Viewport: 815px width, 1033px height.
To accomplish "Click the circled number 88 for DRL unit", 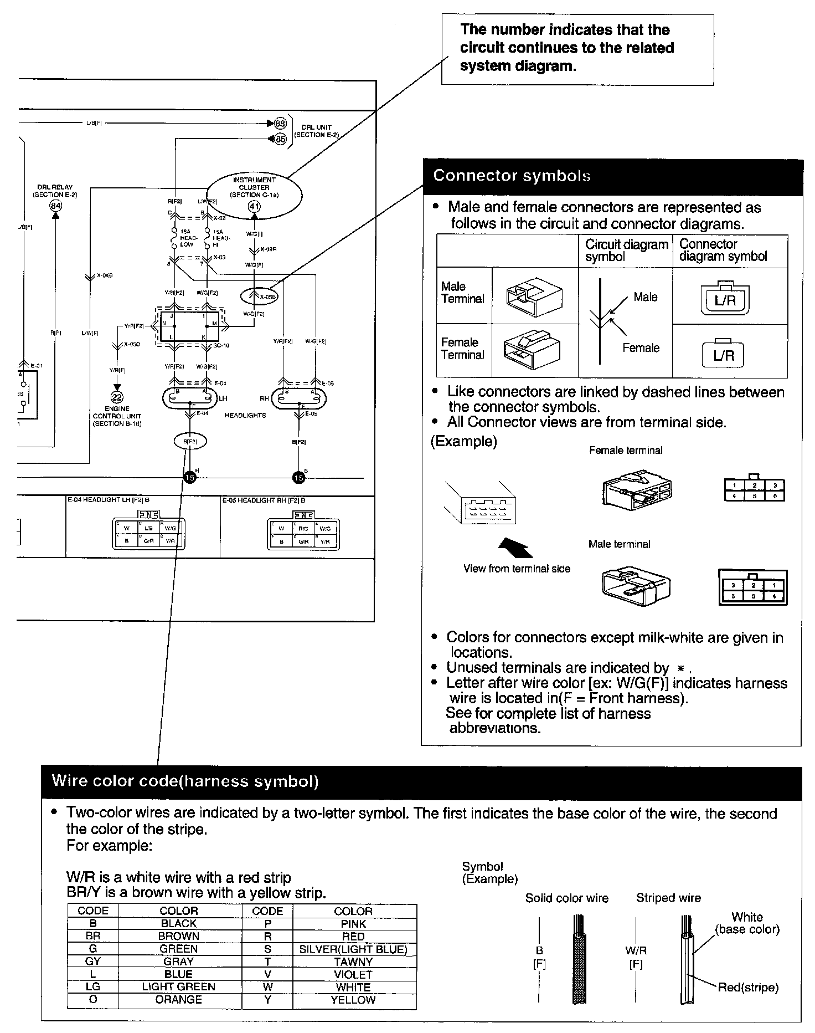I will coord(281,123).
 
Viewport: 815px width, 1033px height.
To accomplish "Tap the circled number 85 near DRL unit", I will coord(281,139).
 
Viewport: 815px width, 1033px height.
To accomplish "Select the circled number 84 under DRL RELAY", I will coord(55,206).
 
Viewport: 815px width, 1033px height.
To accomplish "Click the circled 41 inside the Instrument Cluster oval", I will coord(254,207).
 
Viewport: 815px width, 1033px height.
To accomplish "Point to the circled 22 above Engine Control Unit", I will coord(117,397).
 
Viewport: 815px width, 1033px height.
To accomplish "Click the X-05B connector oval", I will coord(259,296).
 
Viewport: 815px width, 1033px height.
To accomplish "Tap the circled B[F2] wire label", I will coord(190,441).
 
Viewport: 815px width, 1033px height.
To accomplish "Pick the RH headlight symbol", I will coord(299,397).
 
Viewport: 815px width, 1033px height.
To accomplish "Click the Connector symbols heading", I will coord(512,176).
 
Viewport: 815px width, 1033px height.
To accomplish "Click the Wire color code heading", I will coord(185,781).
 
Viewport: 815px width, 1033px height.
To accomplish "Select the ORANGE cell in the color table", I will coord(179,999).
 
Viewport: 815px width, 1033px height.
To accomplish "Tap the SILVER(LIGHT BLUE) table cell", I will coord(353,949).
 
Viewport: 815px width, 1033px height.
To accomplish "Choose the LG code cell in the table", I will coord(93,986).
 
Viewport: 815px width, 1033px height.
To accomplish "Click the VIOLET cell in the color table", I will coord(353,974).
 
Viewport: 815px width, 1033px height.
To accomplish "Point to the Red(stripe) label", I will coord(748,987).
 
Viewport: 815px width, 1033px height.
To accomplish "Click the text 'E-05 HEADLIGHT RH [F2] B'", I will coord(264,500).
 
